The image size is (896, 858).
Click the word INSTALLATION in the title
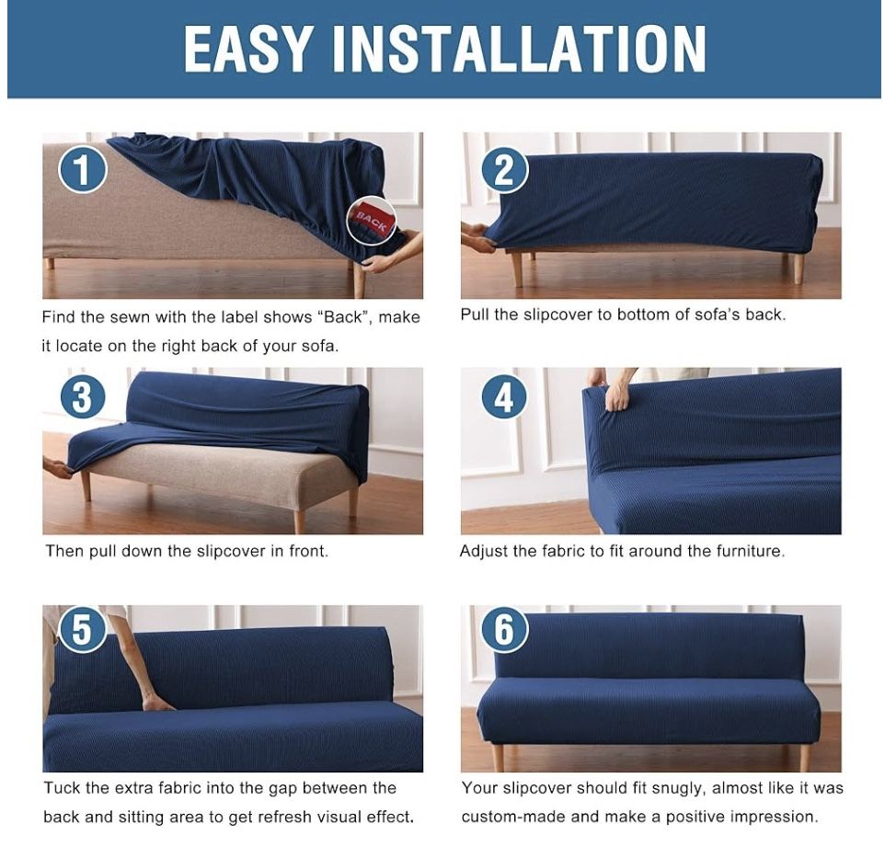click(x=519, y=49)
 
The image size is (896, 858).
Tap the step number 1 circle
click(x=83, y=169)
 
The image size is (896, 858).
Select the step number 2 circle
click(x=504, y=169)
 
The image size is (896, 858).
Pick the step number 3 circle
click(x=83, y=397)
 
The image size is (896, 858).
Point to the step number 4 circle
click(x=504, y=397)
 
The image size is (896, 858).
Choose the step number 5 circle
click(x=83, y=629)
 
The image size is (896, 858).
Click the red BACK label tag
click(x=372, y=221)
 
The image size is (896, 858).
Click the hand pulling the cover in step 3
click(x=57, y=468)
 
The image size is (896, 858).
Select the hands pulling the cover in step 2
click(x=479, y=237)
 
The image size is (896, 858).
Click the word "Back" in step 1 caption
click(x=343, y=317)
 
